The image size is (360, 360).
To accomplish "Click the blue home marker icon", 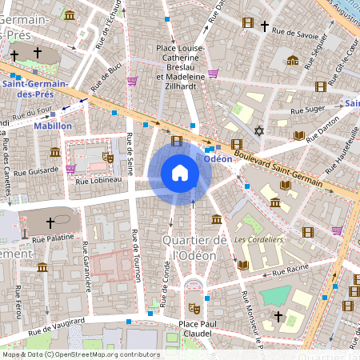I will [x=180, y=172].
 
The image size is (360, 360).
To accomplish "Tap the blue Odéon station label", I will [x=218, y=158].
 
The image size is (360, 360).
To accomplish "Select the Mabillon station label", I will [x=53, y=126].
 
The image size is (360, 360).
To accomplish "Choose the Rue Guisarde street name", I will [x=36, y=170].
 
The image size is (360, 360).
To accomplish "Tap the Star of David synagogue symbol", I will [x=258, y=130].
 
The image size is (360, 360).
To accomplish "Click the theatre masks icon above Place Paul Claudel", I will [x=194, y=307].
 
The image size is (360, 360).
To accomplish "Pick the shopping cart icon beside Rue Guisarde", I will [x=71, y=169].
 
